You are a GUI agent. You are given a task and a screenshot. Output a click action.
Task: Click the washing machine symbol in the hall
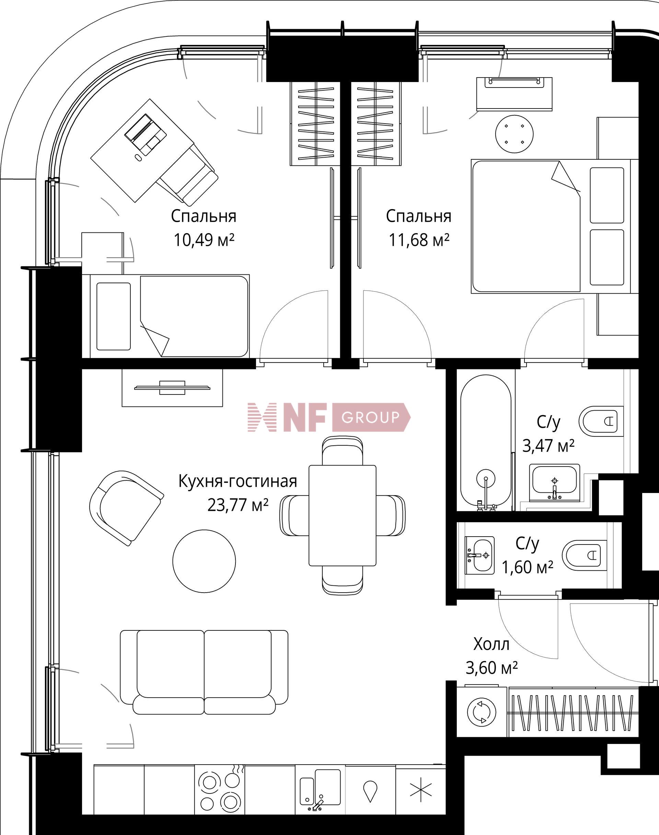tap(481, 712)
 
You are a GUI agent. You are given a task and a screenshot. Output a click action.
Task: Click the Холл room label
tap(491, 644)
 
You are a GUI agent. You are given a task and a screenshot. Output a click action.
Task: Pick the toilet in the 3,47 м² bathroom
tap(600, 421)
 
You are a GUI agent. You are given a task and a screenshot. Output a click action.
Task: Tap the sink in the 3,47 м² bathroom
tap(554, 482)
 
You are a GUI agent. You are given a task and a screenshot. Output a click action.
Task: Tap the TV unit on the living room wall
tap(172, 388)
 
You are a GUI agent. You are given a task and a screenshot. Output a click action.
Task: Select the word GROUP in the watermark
tap(370, 417)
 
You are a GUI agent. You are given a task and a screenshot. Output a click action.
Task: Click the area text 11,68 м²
tap(418, 240)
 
